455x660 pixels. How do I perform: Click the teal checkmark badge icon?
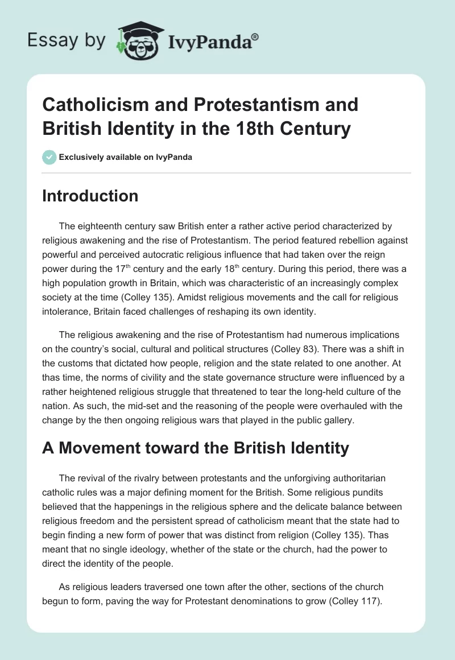(x=49, y=157)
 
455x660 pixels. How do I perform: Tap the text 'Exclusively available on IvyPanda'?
(x=126, y=158)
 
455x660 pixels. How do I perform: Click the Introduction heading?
(x=90, y=196)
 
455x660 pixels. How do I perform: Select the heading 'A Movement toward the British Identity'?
(x=195, y=448)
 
